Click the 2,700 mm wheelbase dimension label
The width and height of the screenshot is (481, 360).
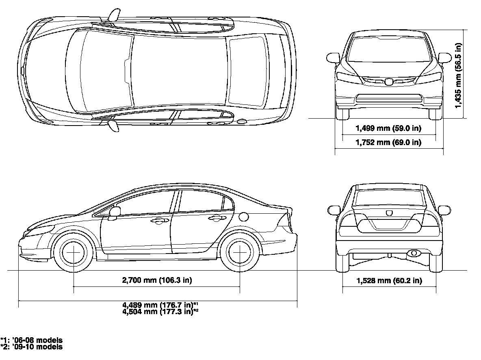(x=157, y=280)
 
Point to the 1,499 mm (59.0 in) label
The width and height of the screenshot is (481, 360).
(x=388, y=129)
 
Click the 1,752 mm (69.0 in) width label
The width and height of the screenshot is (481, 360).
(x=388, y=142)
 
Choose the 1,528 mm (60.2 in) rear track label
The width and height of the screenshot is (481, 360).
(x=389, y=281)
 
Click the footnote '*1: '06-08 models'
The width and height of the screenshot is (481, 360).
(x=32, y=340)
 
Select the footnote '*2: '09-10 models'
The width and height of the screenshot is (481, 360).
(x=32, y=347)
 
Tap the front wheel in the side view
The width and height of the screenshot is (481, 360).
(x=74, y=252)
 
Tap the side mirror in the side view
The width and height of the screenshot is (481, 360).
(x=115, y=212)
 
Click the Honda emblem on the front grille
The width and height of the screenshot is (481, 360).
(x=388, y=82)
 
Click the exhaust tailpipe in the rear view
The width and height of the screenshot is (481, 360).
(x=414, y=254)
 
